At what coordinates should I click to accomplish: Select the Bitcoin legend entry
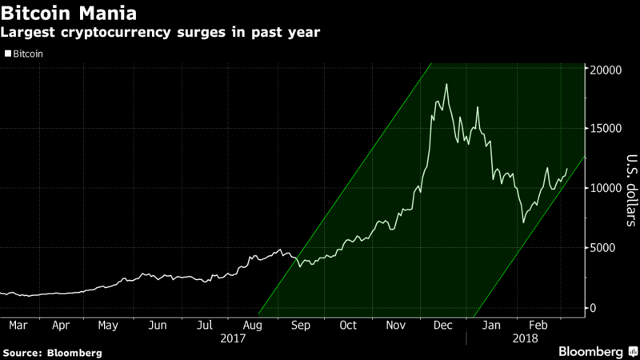[26, 54]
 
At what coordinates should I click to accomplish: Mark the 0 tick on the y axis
[594, 308]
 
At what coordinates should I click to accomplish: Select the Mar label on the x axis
[19, 326]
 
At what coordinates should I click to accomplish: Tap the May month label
[108, 326]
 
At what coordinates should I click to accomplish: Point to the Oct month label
[348, 326]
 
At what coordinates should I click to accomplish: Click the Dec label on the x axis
[443, 326]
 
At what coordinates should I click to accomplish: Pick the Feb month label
[539, 326]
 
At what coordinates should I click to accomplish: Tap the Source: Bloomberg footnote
[53, 352]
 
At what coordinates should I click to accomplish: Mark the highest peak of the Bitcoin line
[446, 84]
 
